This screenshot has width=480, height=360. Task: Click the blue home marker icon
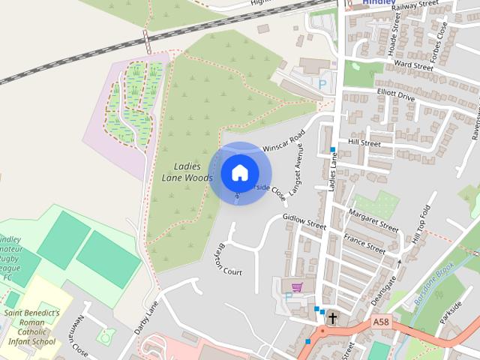coord(239,173)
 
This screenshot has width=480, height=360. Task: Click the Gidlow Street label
coord(304,221)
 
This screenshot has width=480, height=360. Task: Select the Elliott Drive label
coord(395,97)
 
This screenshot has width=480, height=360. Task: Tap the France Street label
coord(364,242)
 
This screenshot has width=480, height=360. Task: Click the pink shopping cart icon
coord(298,286)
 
